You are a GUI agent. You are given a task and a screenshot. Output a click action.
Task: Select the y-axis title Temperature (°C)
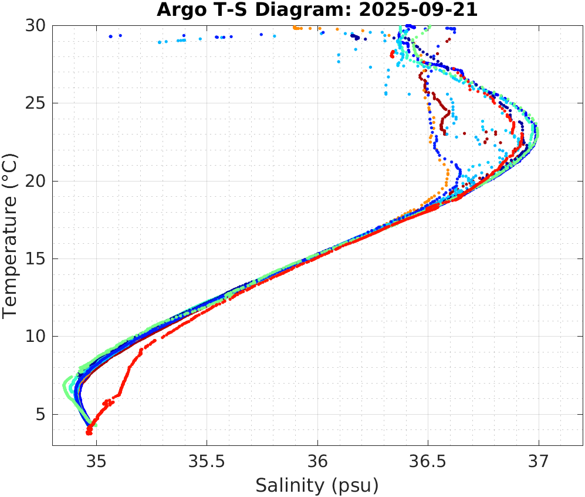(x=11, y=235)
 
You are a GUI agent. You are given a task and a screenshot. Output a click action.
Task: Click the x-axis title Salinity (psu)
(x=317, y=486)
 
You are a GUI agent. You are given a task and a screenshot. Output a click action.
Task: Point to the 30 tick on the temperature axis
(x=36, y=26)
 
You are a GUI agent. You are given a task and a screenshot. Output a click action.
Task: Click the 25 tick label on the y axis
(x=36, y=103)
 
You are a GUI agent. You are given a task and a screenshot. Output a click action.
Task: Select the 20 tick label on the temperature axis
(x=36, y=181)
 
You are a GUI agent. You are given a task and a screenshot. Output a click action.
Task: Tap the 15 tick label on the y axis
(x=36, y=259)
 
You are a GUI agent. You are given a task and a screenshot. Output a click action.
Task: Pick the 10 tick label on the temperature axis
(x=36, y=337)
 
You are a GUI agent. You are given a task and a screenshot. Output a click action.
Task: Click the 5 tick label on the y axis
(x=40, y=415)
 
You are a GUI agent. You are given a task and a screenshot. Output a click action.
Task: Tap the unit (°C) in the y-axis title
(x=11, y=169)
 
